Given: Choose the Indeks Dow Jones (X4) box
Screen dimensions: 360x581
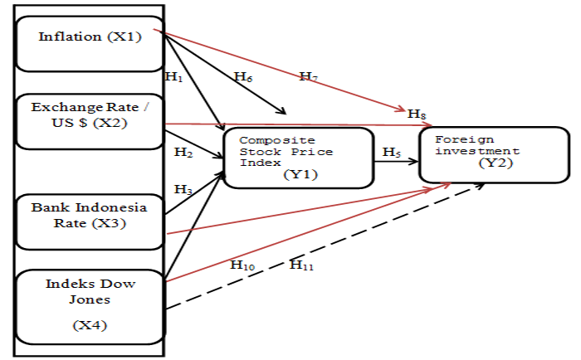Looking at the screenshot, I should [90, 307].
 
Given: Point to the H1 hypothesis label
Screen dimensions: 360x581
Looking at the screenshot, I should [173, 76].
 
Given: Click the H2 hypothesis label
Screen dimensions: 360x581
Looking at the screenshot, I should [183, 153].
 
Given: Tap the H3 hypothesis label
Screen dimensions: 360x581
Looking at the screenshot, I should [183, 189].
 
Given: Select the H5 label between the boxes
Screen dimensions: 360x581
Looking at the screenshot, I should [391, 152].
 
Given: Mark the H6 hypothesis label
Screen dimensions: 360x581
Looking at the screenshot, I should [242, 77].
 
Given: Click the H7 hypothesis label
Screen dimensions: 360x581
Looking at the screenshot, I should [310, 77].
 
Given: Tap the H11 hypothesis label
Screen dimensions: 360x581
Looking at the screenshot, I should [300, 265].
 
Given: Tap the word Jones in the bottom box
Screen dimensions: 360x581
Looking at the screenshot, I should [90, 299].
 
